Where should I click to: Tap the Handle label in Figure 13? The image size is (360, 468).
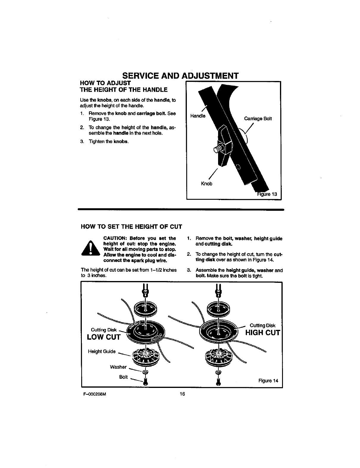[x=198, y=116]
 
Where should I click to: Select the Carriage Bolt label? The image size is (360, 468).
[x=258, y=118]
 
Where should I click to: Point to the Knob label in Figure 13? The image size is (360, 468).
[x=207, y=184]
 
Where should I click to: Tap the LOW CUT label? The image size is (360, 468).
[x=104, y=337]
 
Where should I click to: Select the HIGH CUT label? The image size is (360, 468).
[x=262, y=333]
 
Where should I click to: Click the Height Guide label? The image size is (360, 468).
[x=102, y=352]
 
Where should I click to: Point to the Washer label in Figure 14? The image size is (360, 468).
[x=118, y=367]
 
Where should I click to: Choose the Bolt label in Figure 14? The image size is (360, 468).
[x=123, y=377]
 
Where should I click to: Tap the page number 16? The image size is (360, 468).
[x=182, y=394]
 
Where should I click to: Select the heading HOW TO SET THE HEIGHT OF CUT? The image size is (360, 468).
[x=131, y=227]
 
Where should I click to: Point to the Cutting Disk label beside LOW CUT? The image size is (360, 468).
[x=104, y=330]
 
